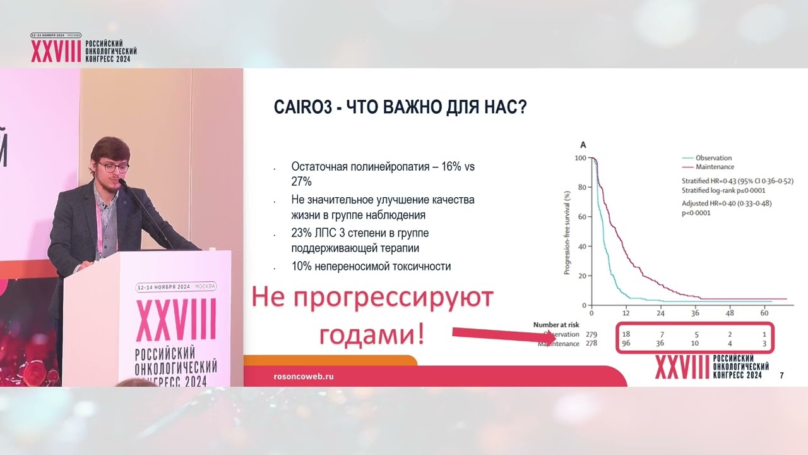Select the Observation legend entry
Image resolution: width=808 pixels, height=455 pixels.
[713, 158]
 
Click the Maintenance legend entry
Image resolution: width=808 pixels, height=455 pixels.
[714, 167]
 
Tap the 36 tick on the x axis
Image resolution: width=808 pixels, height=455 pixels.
[694, 313]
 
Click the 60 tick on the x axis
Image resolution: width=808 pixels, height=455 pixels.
[764, 313]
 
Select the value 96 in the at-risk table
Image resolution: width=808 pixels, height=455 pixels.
[626, 344]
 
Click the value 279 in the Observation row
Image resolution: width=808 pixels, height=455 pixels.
[591, 334]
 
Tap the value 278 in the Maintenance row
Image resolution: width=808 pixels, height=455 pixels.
[591, 344]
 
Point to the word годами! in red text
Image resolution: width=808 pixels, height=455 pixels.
[371, 334]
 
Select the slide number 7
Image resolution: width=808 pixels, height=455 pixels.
[782, 375]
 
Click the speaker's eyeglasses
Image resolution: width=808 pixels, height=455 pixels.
[114, 167]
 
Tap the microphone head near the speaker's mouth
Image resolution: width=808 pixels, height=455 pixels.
[122, 183]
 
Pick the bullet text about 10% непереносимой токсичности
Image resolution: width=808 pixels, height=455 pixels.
[371, 267]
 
